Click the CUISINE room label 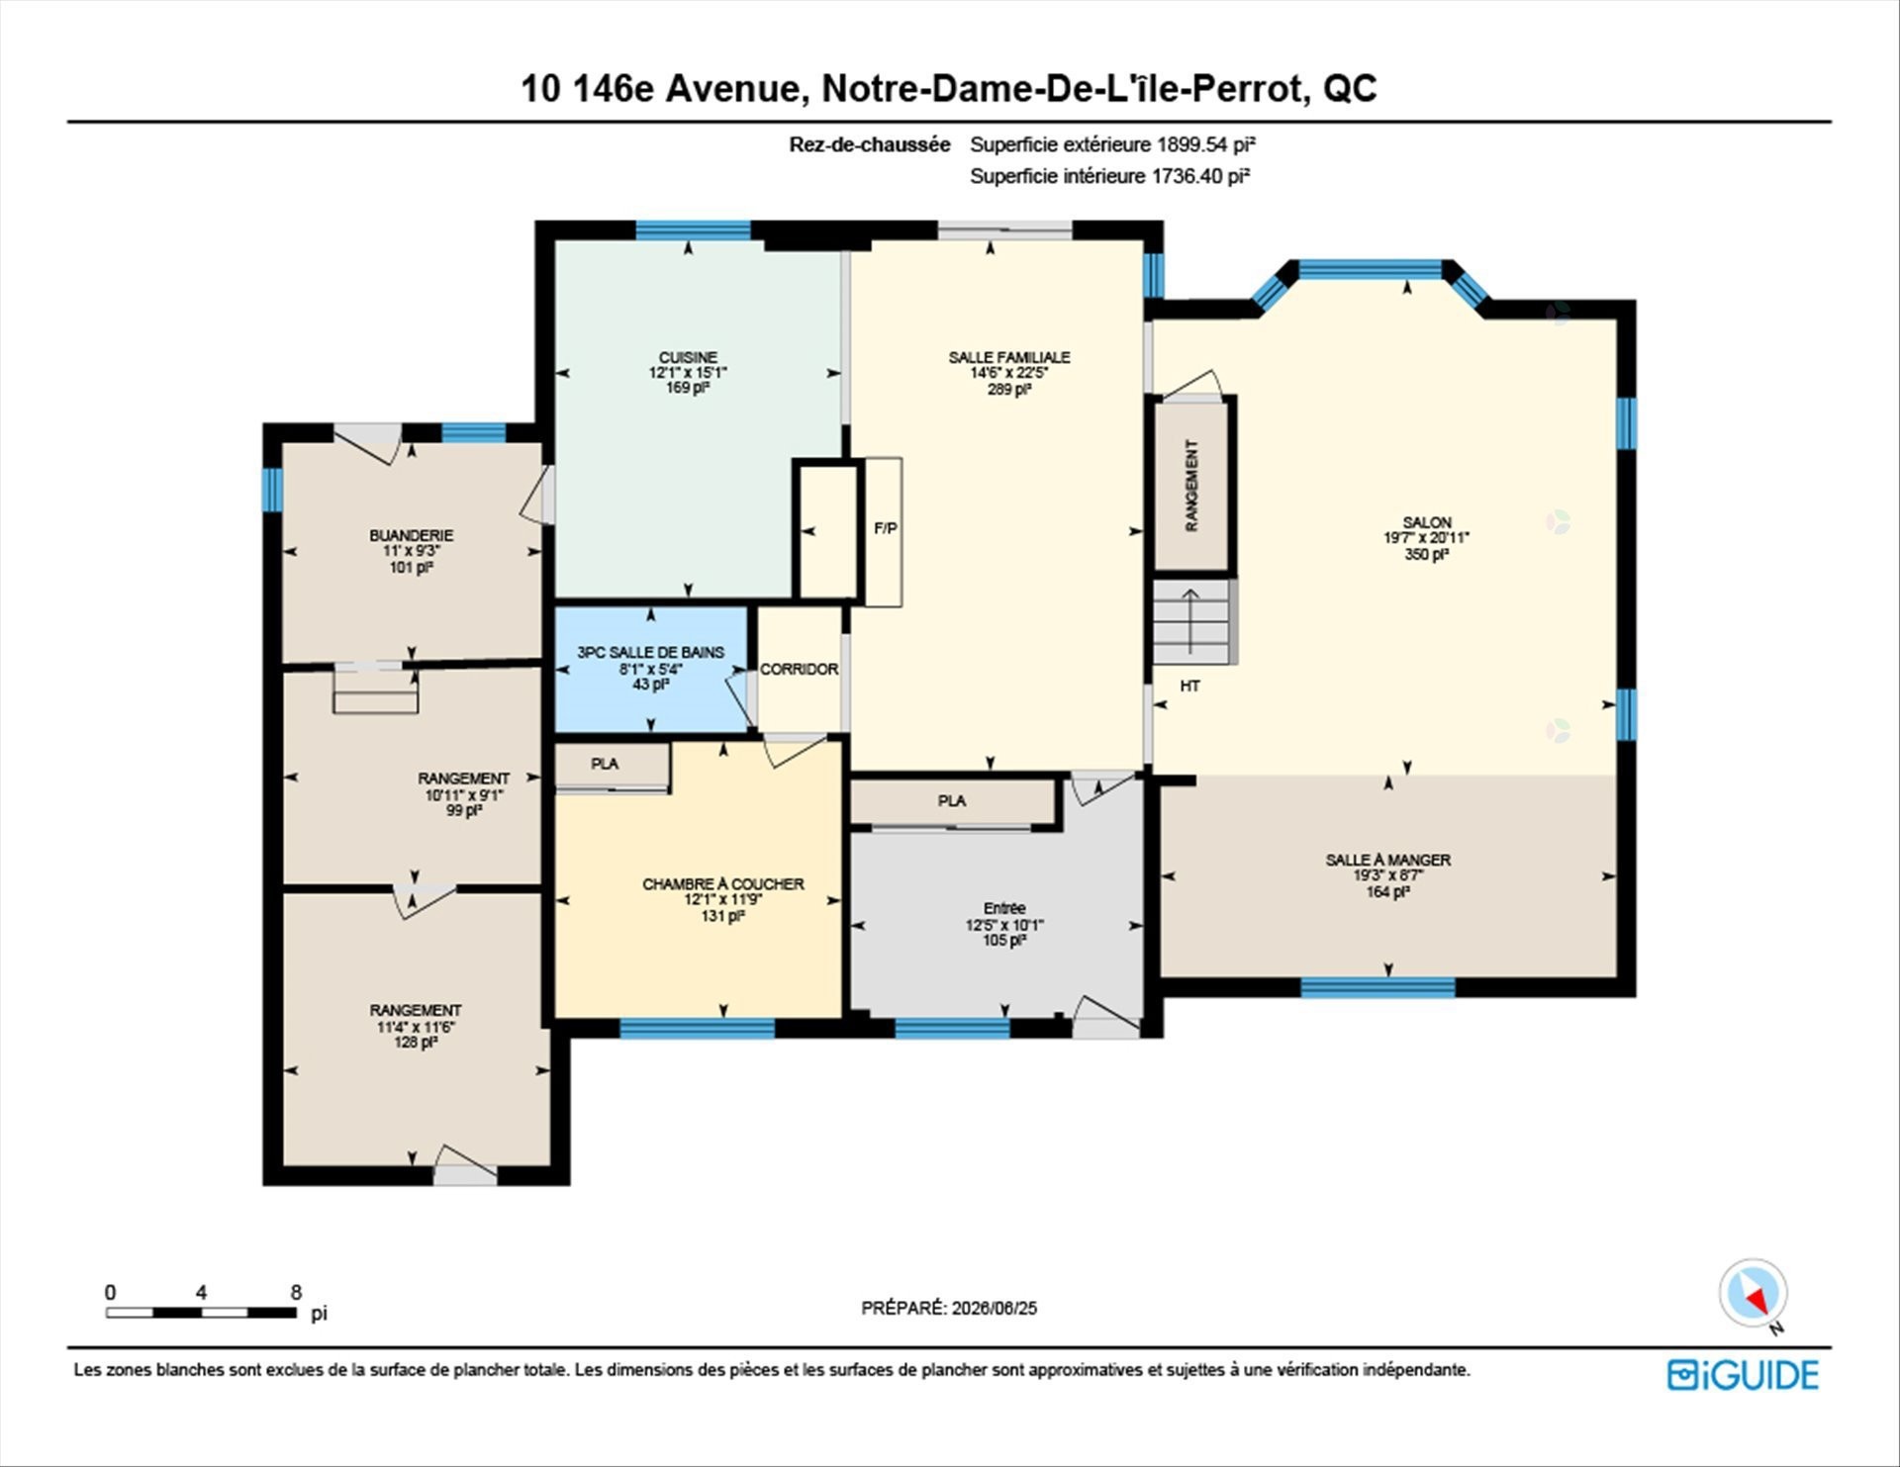689,357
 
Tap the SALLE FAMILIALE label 1009,357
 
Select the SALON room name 1427,522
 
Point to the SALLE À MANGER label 1388,860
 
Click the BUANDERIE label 412,535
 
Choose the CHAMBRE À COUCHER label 723,883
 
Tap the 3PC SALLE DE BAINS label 651,652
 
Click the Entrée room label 1004,908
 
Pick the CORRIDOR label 800,669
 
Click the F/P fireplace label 886,528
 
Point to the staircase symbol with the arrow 1191,622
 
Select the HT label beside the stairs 1189,686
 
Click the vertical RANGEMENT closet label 1191,486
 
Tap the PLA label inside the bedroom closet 605,764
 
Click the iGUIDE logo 1743,1375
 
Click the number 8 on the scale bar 296,1292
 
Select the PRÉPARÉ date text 949,1308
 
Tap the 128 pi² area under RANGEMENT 416,1043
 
